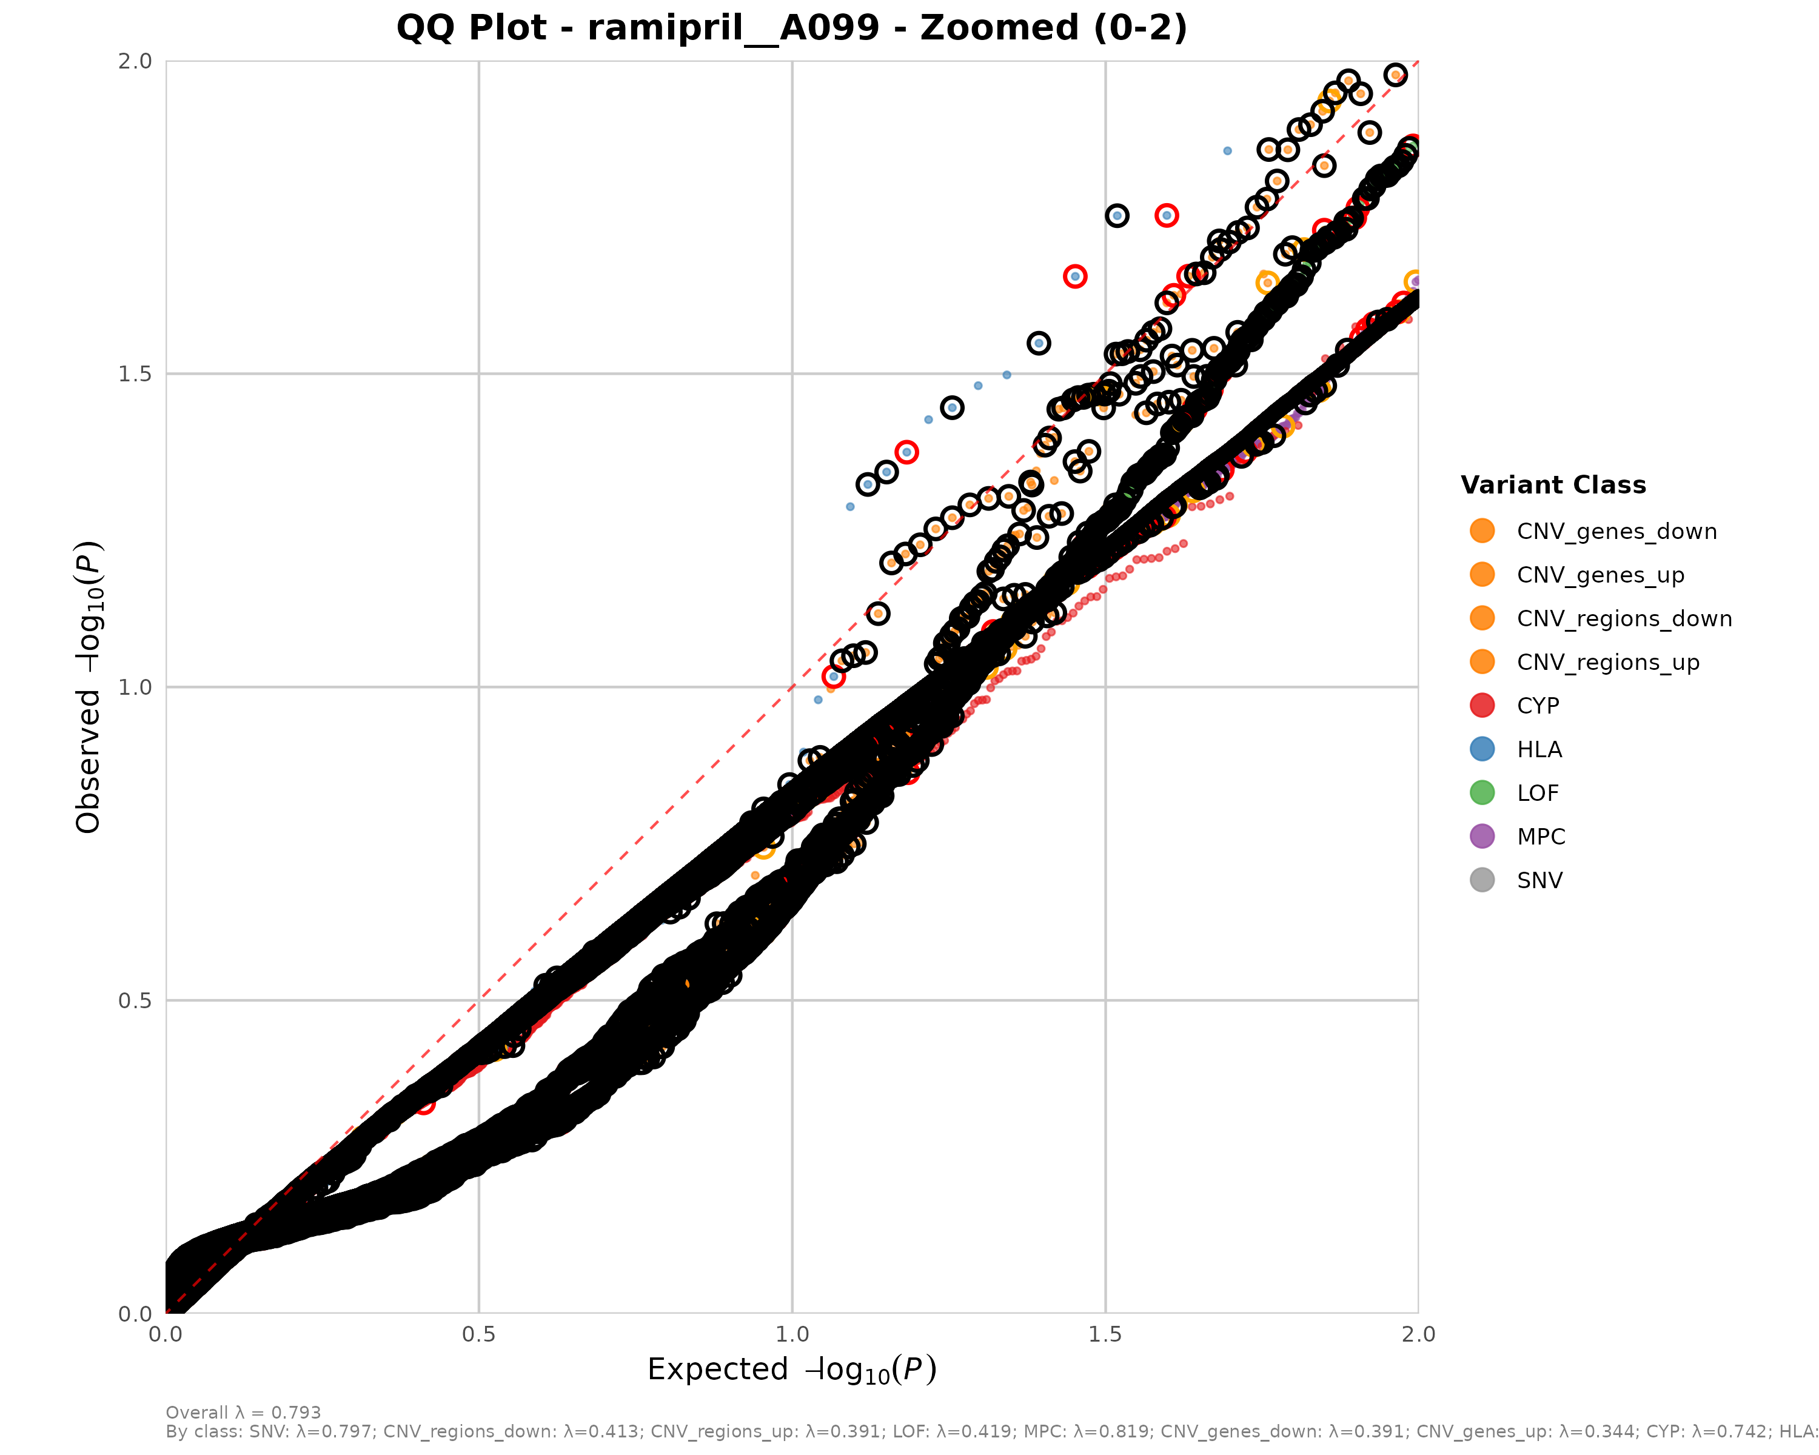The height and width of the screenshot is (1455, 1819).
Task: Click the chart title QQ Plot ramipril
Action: (791, 28)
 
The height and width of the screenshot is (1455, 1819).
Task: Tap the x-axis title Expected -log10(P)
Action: (791, 1370)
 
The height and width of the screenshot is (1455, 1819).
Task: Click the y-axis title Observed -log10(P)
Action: (89, 687)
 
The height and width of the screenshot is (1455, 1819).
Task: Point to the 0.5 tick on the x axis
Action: (478, 1334)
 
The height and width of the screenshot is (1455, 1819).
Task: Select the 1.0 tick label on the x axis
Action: (791, 1334)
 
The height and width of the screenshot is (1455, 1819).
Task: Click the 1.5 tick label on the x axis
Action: (1105, 1334)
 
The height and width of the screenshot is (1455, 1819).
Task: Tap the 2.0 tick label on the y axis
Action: (135, 61)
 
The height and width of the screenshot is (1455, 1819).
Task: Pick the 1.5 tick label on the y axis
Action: (135, 373)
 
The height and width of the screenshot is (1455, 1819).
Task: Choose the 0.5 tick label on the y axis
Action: (135, 1000)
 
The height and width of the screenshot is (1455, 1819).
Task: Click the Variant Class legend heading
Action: (1553, 485)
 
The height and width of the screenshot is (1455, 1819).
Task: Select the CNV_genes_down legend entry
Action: (1616, 532)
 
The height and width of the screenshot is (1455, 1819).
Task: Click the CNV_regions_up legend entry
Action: (1607, 662)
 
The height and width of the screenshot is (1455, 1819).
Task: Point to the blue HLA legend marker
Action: (1481, 749)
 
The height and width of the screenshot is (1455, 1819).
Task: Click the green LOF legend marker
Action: (1481, 793)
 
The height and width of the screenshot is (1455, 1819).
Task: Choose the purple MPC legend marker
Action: (1481, 837)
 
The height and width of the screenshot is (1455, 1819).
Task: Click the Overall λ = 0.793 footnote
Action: (243, 1413)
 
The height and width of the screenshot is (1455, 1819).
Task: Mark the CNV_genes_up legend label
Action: (1601, 575)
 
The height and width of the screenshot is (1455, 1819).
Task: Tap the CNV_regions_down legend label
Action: (1624, 619)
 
